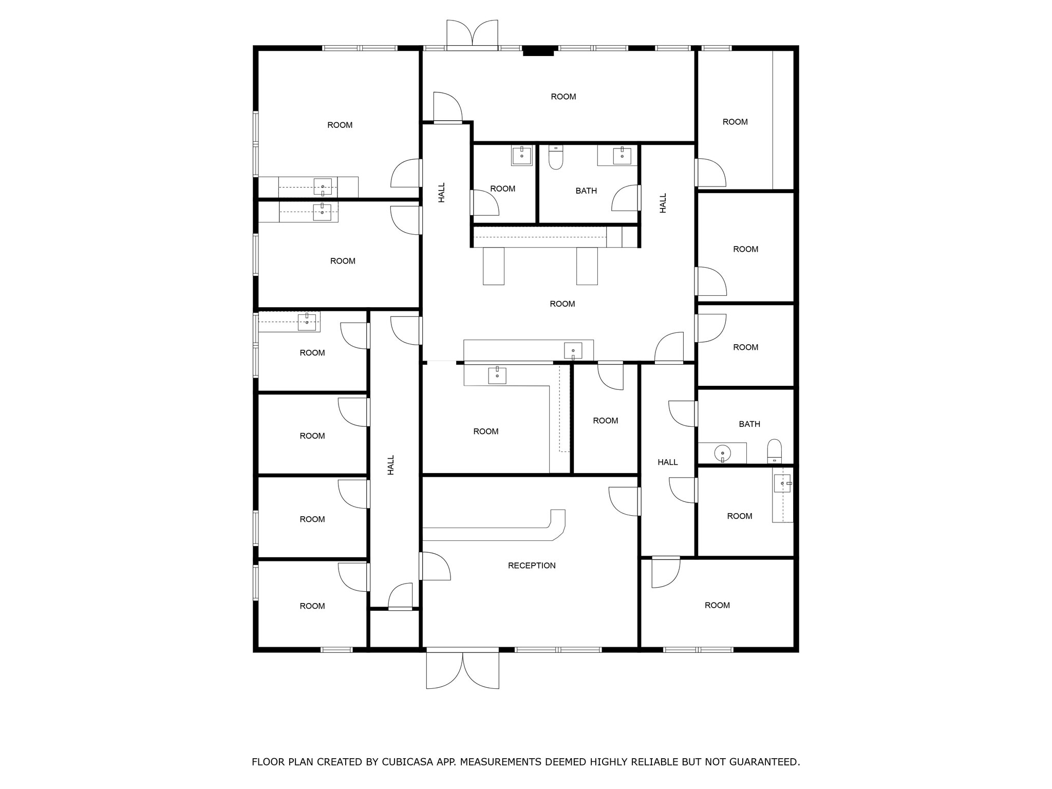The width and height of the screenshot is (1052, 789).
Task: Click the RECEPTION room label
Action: click(532, 566)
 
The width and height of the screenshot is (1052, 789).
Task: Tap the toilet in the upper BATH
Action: click(556, 158)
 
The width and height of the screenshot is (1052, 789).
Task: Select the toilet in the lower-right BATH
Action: click(774, 450)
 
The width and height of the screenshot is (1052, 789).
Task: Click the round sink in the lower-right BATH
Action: click(722, 453)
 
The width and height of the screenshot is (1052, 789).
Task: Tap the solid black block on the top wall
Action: click(538, 51)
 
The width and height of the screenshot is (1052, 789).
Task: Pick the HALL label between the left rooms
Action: click(391, 465)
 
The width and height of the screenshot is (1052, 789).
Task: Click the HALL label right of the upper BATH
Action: click(663, 203)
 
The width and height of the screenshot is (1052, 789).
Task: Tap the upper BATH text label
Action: click(586, 191)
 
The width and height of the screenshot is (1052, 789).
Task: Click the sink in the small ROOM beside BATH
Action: click(521, 156)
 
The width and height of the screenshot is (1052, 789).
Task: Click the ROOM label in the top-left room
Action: click(340, 125)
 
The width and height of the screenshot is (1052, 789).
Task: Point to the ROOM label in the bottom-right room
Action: click(717, 606)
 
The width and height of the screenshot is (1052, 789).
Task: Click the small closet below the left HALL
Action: click(394, 629)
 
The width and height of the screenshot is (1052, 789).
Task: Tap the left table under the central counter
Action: click(493, 266)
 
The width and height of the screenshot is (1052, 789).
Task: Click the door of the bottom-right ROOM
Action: click(665, 573)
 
